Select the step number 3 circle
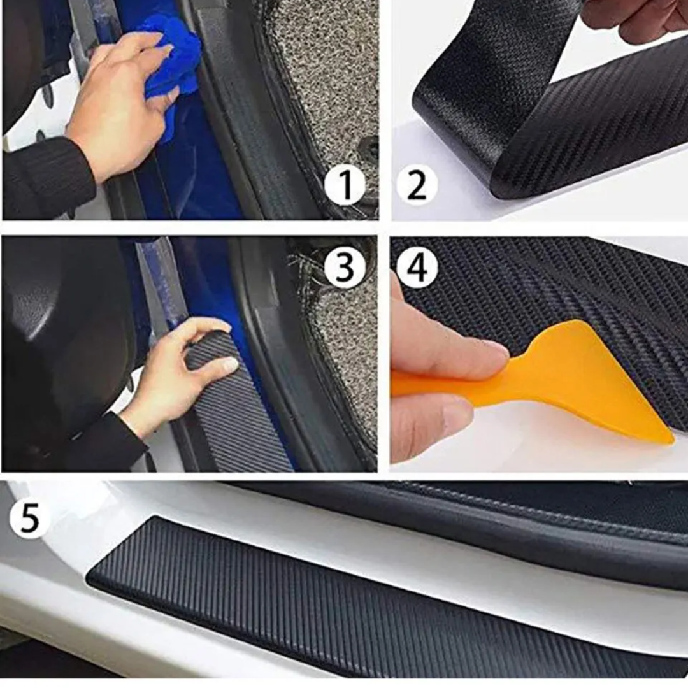[345, 267]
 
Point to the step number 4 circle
[417, 267]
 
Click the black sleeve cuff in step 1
[48, 176]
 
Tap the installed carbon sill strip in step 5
[386, 610]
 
